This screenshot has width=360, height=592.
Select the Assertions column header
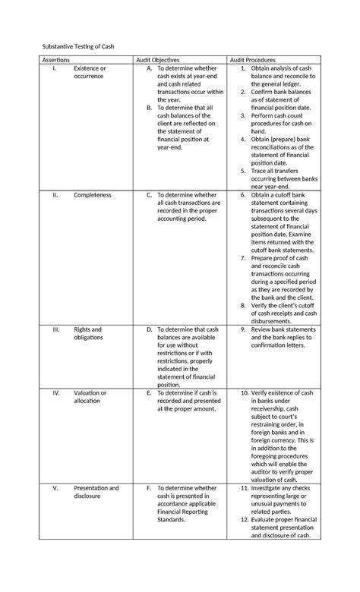56,59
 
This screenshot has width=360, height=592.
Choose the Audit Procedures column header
254,59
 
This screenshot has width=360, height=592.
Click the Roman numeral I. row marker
55,68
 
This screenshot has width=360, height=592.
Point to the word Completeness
93,195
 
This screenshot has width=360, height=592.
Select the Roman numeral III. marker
55,330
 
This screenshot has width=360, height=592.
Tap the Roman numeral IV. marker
55,393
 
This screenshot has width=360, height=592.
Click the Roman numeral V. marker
55,488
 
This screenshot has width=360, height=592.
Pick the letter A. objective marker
150,68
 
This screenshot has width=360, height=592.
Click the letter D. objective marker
150,330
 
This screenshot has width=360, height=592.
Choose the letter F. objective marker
150,488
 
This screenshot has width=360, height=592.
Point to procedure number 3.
243,116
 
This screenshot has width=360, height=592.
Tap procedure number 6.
243,195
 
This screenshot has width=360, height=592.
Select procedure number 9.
243,330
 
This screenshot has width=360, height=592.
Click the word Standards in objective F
174,520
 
